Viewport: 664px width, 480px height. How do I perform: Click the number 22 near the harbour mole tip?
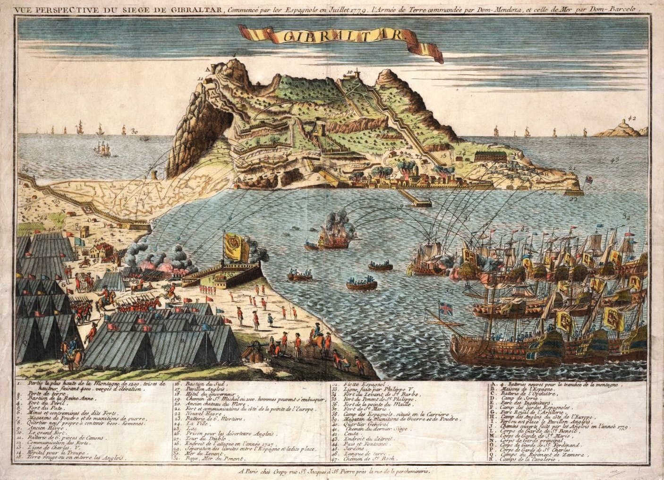coord(573,199)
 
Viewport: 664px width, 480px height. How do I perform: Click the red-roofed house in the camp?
coord(99,252)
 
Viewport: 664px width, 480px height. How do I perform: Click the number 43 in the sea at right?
coord(614,161)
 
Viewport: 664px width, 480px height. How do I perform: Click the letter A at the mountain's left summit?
coord(213,68)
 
